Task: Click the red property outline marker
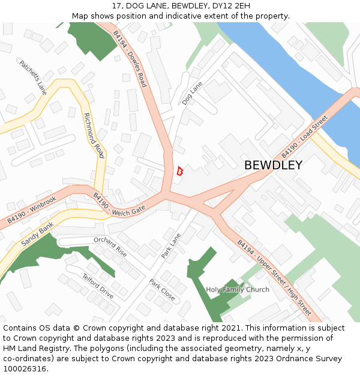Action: [179, 171]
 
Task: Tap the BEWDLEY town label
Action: [273, 165]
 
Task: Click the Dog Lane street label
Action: [192, 94]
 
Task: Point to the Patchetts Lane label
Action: [33, 77]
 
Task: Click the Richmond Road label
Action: [94, 136]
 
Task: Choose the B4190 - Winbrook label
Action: [32, 211]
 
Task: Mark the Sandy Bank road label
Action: [37, 234]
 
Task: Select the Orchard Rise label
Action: [110, 245]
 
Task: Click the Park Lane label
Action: [170, 246]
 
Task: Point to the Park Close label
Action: [162, 290]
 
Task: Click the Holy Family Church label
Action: [238, 290]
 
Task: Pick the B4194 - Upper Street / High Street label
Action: [274, 278]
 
